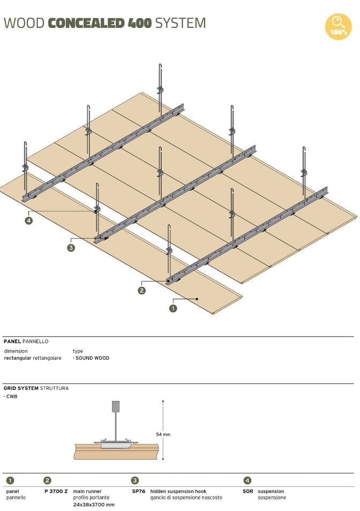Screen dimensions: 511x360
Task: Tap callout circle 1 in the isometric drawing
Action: [x=173, y=308]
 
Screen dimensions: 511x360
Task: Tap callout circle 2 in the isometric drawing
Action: [x=141, y=291]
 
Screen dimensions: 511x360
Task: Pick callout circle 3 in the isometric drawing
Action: [x=71, y=248]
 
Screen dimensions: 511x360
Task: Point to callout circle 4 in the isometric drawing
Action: [x=28, y=220]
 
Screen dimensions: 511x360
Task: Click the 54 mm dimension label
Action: [x=163, y=434]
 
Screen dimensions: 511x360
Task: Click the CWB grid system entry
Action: [x=11, y=396]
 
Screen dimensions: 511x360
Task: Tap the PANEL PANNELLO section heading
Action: [x=26, y=341]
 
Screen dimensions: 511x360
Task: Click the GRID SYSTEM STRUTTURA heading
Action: [x=36, y=388]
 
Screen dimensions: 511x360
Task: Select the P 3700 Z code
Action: [x=56, y=491]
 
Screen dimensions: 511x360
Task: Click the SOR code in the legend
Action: [x=247, y=491]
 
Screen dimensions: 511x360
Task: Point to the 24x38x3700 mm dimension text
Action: [x=93, y=505]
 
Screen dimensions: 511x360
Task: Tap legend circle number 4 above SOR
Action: [x=247, y=480]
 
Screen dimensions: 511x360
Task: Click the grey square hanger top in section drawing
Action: [x=115, y=406]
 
